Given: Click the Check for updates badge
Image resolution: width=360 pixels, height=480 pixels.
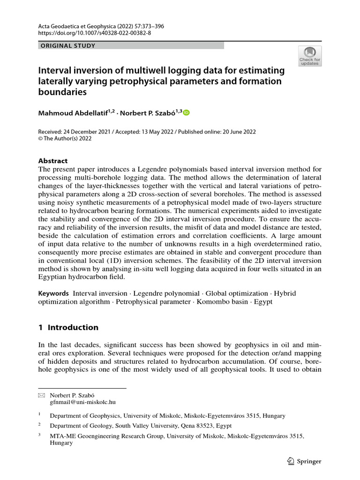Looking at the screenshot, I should (x=310, y=56).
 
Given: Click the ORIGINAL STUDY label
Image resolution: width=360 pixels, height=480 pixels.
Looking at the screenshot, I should (x=68, y=46).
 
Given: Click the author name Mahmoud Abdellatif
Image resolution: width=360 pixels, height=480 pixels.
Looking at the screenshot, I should (x=74, y=113).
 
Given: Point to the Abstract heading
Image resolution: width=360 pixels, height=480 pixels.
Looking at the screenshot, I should (x=53, y=160).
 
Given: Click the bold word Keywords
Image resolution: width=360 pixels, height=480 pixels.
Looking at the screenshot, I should (x=53, y=293).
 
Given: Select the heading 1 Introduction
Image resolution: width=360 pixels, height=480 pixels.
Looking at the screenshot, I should (x=68, y=327).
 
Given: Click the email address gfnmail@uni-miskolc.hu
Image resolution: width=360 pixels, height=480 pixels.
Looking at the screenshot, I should (x=83, y=402).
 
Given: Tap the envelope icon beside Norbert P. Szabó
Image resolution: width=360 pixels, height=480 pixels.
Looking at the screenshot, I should (x=41, y=395).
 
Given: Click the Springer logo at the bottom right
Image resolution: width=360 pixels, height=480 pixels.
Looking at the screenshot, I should (x=304, y=461).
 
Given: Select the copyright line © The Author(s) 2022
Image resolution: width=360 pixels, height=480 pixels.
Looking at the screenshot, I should (x=65, y=139).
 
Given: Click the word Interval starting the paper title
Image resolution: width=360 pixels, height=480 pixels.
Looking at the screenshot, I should (x=56, y=70).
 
